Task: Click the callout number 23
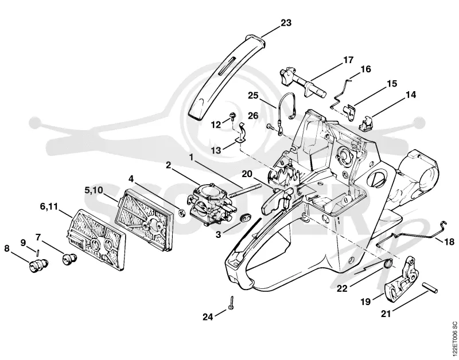click(x=286, y=22)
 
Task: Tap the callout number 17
click(x=348, y=60)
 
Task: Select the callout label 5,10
click(x=94, y=190)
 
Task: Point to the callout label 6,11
click(x=49, y=206)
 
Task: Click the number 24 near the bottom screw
click(x=208, y=316)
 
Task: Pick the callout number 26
click(x=253, y=116)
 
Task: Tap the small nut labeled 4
click(x=181, y=213)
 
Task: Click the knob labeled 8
click(x=38, y=264)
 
